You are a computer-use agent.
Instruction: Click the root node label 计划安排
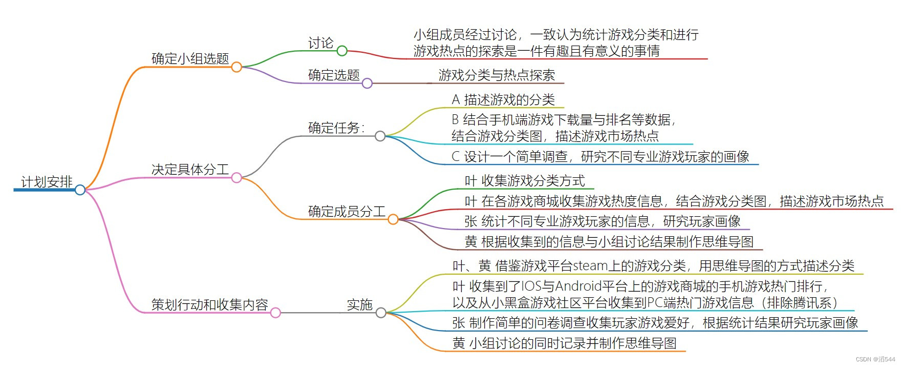click(x=47, y=182)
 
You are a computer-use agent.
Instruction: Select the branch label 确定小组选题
click(x=190, y=59)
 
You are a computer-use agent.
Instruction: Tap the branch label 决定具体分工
click(x=190, y=170)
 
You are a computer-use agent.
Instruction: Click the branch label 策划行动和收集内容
click(x=209, y=305)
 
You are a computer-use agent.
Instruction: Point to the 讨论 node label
click(x=320, y=43)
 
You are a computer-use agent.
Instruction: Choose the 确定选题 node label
click(x=334, y=75)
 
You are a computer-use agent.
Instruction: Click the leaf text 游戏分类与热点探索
click(x=497, y=75)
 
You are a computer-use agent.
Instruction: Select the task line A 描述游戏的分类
click(x=503, y=99)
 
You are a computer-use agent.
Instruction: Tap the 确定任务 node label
click(x=336, y=128)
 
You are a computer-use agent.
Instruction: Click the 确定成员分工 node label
click(x=347, y=211)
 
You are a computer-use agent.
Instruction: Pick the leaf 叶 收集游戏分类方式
click(x=525, y=180)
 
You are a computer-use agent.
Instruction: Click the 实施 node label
click(x=359, y=305)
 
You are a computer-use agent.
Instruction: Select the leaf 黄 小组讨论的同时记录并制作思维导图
click(x=564, y=343)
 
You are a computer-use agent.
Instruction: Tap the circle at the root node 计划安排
click(x=80, y=190)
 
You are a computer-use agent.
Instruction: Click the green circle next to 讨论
click(x=342, y=51)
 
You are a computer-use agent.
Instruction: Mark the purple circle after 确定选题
click(x=367, y=84)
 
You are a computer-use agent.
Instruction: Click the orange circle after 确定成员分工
click(x=393, y=219)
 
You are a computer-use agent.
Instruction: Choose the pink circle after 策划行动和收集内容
click(x=275, y=313)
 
